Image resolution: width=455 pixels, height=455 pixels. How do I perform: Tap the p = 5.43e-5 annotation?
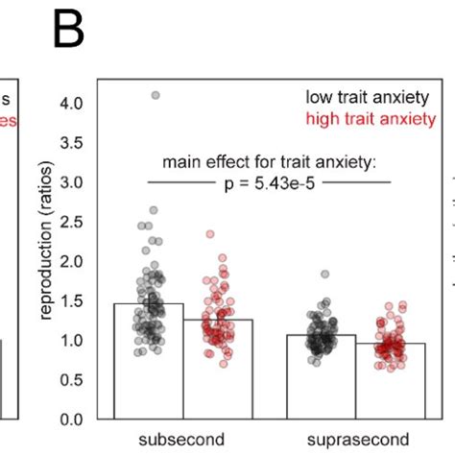coord(271,181)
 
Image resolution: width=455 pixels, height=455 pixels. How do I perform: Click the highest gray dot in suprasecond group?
coord(325,275)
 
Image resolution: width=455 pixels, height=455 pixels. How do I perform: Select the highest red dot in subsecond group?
coord(210,233)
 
